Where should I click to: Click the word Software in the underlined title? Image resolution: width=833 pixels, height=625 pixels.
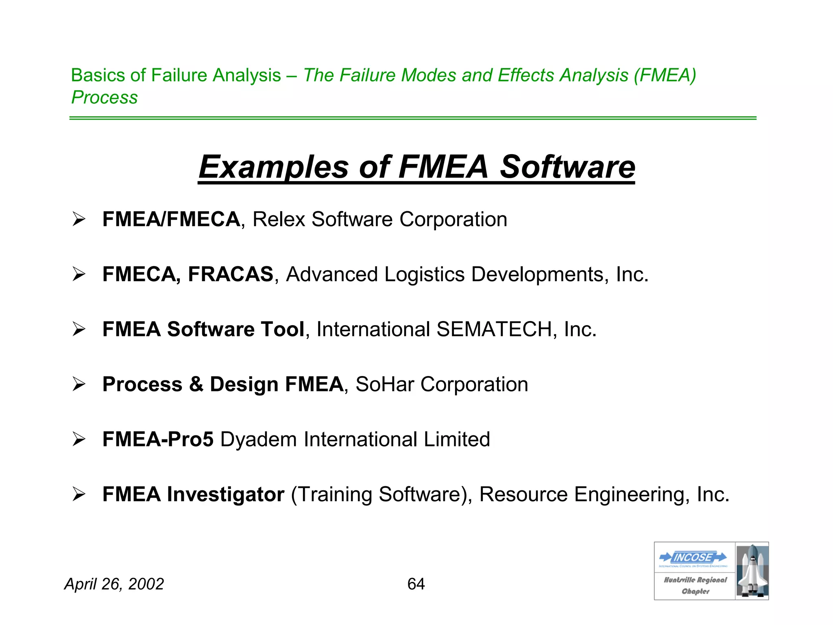pos(567,167)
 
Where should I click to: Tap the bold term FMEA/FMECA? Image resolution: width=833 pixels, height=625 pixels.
pos(171,219)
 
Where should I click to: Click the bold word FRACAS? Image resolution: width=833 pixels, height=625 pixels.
pos(231,274)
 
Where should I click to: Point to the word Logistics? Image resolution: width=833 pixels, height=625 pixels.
pos(424,274)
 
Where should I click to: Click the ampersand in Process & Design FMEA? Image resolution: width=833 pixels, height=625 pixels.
pos(196,385)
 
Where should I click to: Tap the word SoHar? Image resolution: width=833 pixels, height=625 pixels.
pos(385,385)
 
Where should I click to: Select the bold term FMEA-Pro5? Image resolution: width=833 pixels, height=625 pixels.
pos(158,439)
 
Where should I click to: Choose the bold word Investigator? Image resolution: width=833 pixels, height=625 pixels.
pos(226,494)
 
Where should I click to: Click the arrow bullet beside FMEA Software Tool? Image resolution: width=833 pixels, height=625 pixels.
pos(79,329)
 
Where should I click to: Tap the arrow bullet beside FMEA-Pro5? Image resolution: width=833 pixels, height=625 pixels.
pos(79,439)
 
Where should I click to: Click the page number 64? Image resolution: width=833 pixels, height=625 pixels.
pos(416,584)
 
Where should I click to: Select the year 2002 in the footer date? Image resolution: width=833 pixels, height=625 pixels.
pos(146,584)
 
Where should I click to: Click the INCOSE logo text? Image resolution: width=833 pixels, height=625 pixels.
pos(693,557)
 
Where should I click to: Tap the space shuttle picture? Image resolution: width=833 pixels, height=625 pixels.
pos(752,571)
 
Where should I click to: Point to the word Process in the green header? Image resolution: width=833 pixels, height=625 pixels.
pos(105,97)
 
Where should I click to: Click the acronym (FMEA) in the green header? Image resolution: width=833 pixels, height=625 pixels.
pos(665,75)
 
